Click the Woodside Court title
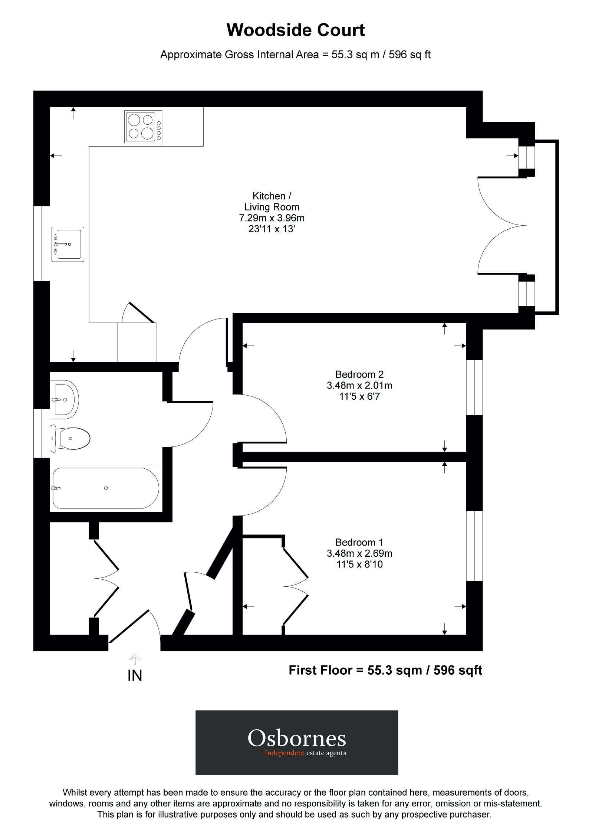(296, 30)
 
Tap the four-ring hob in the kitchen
(143, 127)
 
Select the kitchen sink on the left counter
(68, 244)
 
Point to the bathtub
(106, 488)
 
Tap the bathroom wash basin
(65, 399)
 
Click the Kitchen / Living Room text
(272, 202)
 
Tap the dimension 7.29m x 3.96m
(272, 218)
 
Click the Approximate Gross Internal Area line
(295, 55)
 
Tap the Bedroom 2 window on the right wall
(474, 387)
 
